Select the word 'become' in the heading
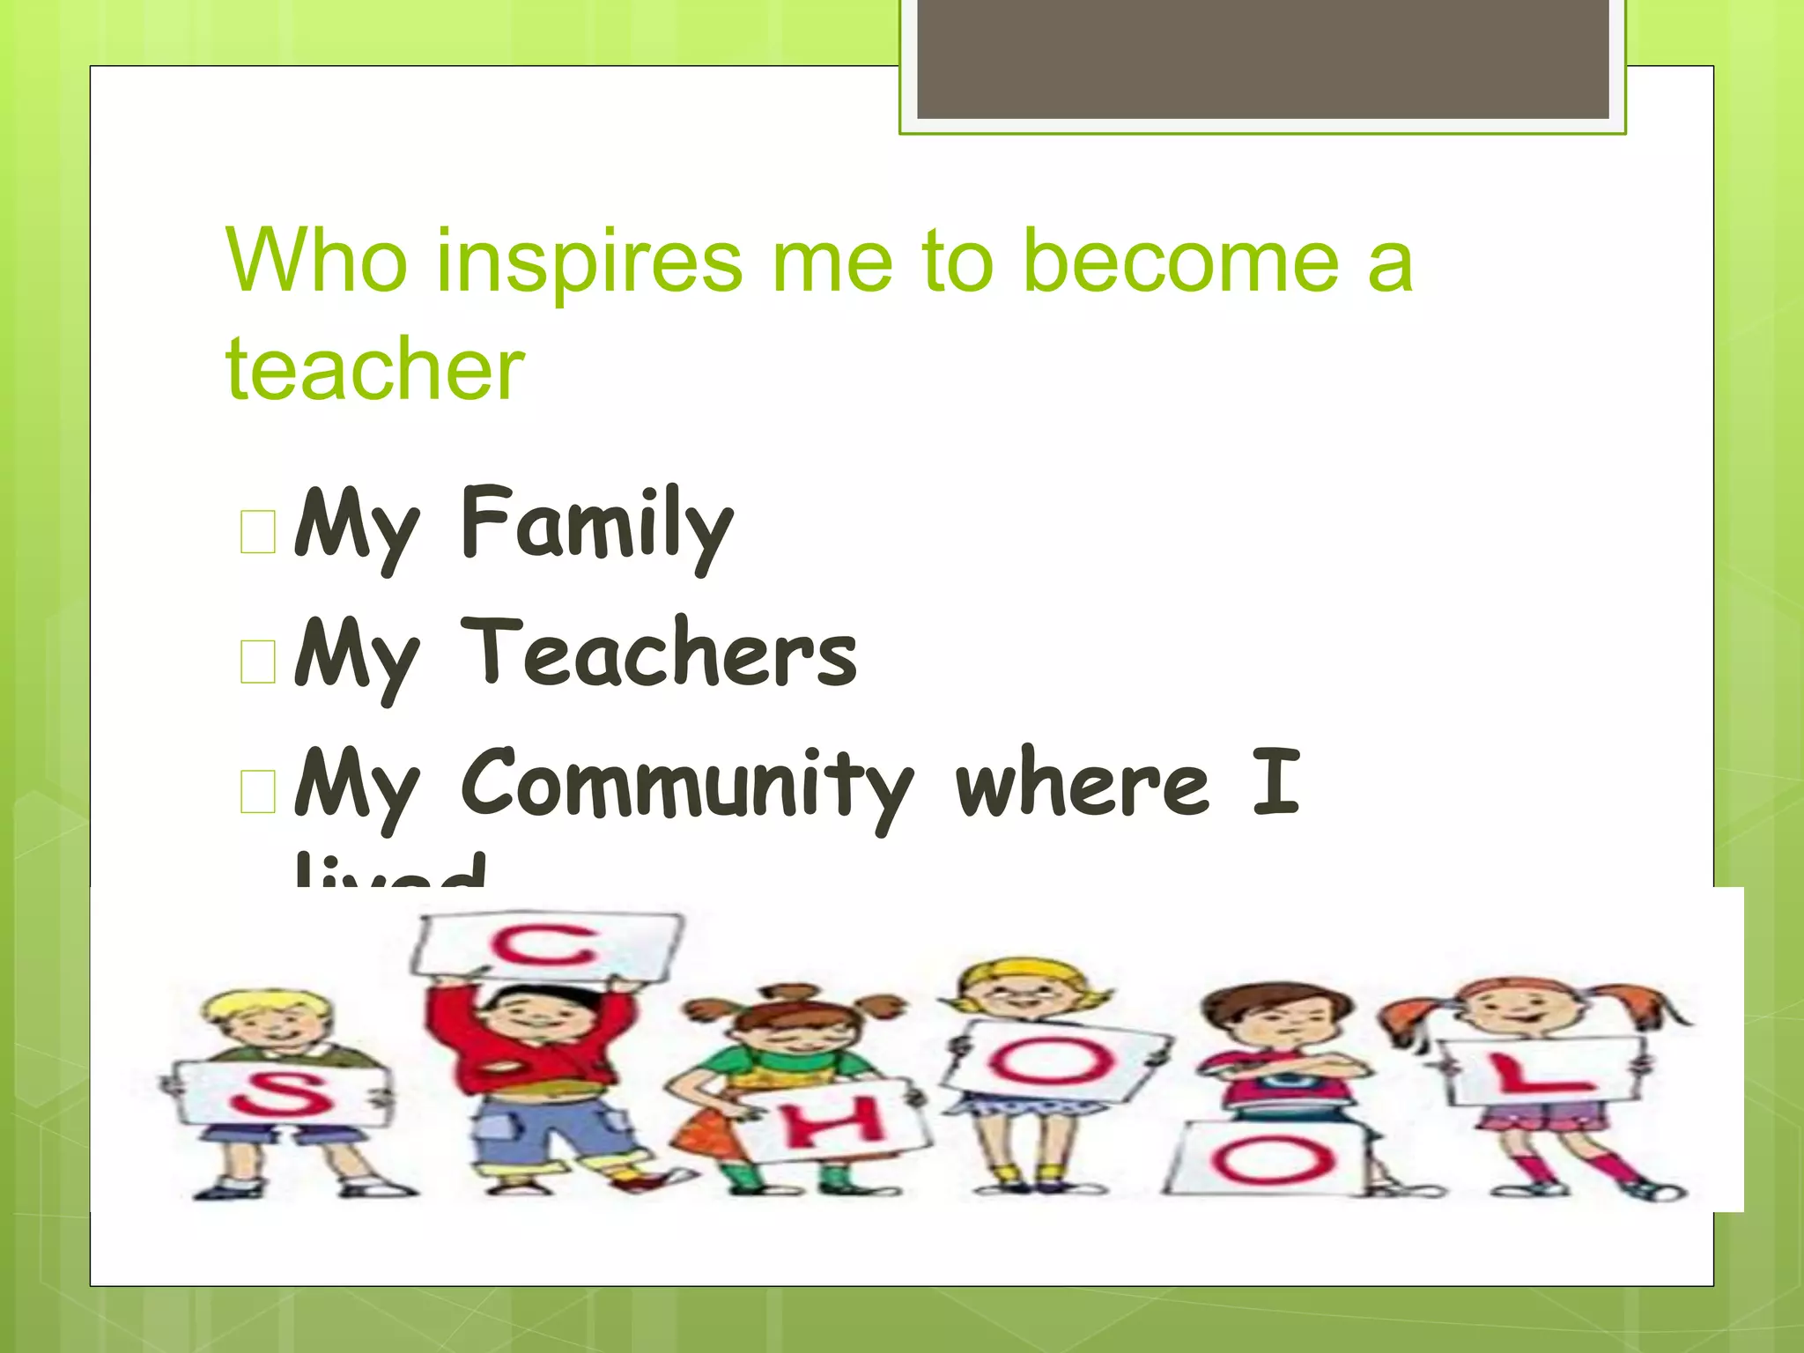[x=1181, y=262]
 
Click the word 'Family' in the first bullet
[x=596, y=525]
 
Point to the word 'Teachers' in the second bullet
[x=658, y=654]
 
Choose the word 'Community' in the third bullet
[x=687, y=783]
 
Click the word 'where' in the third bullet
[x=1083, y=783]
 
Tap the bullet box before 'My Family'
[x=258, y=532]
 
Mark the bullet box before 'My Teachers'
[x=258, y=662]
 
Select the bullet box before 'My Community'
[x=258, y=790]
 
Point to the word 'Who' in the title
[x=317, y=262]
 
